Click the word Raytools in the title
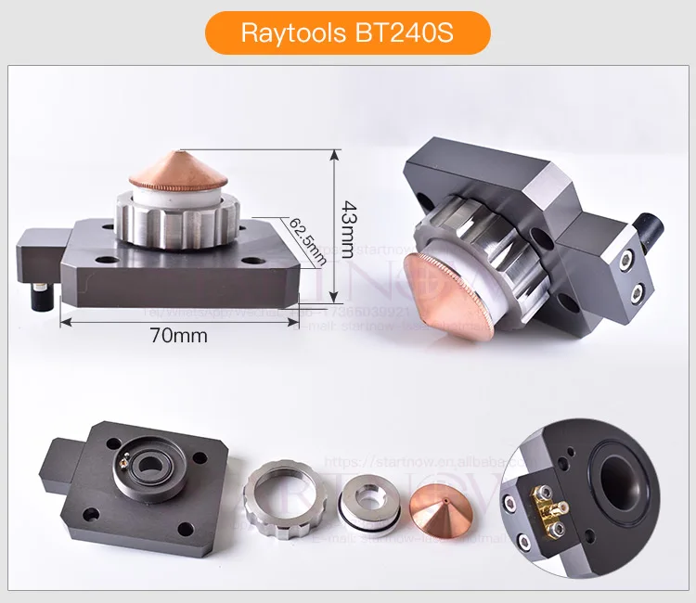(294, 34)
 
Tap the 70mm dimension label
(178, 335)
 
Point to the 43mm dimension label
(348, 230)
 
